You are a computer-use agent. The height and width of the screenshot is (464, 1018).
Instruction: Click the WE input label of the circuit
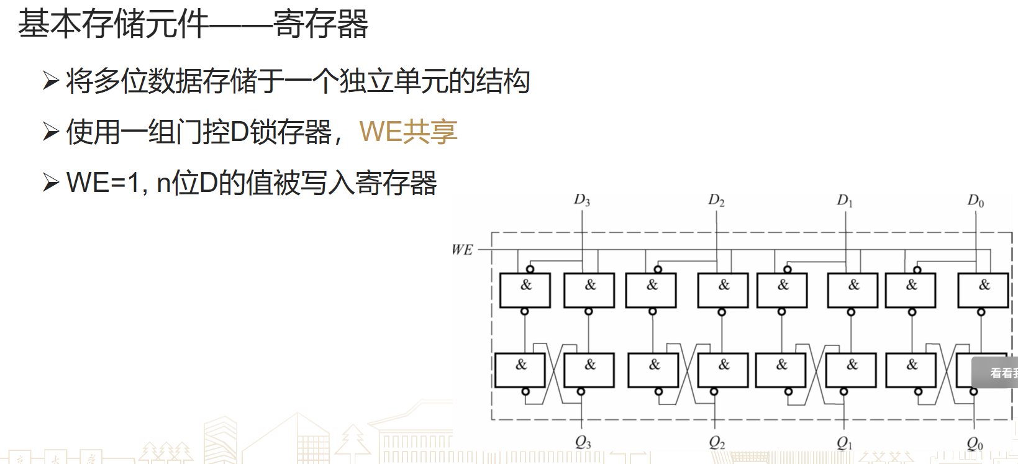[x=462, y=250]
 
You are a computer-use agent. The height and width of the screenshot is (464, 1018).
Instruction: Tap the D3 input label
[x=581, y=200]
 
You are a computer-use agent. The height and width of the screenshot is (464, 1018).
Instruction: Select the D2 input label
[x=716, y=200]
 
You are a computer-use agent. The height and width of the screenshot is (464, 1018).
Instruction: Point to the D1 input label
[x=845, y=200]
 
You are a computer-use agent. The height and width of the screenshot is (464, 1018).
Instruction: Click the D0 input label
[x=975, y=201]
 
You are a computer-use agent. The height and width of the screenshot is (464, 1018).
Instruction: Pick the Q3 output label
[x=583, y=442]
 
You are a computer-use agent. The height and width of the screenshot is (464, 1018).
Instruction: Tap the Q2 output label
[x=717, y=442]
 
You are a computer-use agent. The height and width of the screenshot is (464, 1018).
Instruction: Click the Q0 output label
[x=975, y=444]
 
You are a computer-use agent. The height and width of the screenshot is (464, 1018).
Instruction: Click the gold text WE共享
[x=408, y=132]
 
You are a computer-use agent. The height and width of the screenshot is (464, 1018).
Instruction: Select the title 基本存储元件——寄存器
[x=193, y=24]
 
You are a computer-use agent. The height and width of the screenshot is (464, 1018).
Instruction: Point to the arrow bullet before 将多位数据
[x=50, y=81]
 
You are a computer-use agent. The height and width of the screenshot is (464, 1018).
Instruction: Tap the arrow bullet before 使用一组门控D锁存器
[x=50, y=132]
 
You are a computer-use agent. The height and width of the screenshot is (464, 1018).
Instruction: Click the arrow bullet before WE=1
[x=50, y=183]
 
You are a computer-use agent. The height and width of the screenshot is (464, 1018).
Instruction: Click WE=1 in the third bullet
[x=103, y=183]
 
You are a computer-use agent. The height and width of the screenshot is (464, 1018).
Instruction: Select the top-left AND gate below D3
[x=525, y=290]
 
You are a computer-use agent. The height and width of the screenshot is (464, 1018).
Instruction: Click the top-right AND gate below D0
[x=983, y=290]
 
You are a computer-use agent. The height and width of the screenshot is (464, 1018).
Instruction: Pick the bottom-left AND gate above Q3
[x=520, y=370]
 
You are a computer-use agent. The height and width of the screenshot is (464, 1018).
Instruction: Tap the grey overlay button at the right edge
[x=995, y=373]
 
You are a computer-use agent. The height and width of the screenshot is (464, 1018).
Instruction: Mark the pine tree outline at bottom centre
[x=353, y=442]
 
